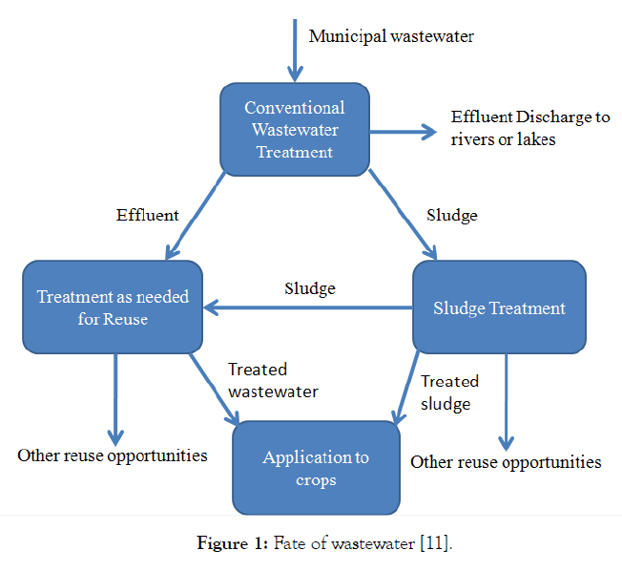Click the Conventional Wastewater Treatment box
pos(294,129)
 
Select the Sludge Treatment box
pos(499,307)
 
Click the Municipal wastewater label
pos(391,36)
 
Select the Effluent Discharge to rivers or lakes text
pos(530,128)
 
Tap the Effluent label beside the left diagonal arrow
pos(147,215)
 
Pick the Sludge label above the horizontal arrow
pos(310,287)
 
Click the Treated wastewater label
pos(273,380)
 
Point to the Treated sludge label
pos(449,392)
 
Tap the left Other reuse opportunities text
pos(113,455)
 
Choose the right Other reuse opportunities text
pos(506,462)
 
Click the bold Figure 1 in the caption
pos(232,544)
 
